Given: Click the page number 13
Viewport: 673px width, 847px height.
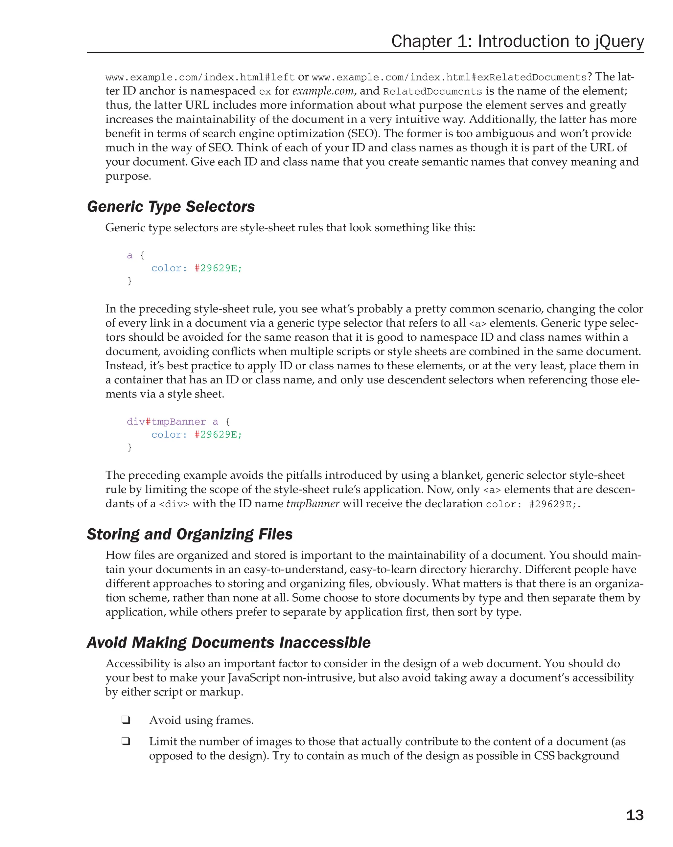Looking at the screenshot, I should click(634, 815).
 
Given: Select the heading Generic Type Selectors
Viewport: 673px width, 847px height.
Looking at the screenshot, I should click(171, 207).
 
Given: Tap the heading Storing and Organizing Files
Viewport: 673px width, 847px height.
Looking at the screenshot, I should click(190, 534).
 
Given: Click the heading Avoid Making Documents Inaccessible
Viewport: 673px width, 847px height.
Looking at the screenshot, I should click(228, 642).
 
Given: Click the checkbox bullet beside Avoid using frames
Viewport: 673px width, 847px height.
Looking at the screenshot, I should click(126, 720).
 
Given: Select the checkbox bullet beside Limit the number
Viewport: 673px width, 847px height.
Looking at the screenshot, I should click(126, 741).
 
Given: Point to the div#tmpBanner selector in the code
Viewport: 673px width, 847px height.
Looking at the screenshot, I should click(166, 422).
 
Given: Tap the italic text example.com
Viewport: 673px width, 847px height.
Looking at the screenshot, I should click(323, 91).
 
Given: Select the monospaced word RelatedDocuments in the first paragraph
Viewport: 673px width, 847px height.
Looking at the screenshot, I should click(432, 92).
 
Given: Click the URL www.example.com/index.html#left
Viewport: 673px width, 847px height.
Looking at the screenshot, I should click(199, 78).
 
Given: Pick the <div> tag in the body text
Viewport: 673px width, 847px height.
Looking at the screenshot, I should click(174, 504).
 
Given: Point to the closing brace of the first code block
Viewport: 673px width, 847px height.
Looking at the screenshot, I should click(130, 281).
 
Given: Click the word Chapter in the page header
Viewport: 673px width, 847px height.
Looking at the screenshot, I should click(421, 42).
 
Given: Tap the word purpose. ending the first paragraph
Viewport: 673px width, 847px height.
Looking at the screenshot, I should click(128, 176).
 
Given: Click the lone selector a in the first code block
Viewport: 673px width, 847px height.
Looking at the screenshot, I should click(130, 256).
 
